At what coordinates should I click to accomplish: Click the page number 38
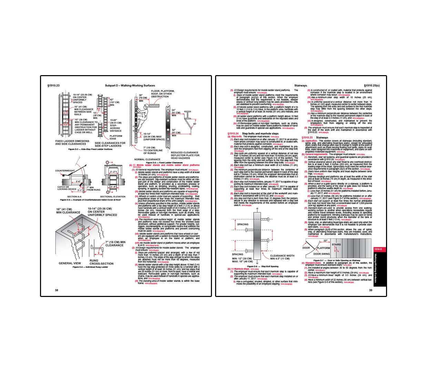[x=57, y=290]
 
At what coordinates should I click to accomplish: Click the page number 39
[x=371, y=290]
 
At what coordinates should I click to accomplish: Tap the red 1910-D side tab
[x=378, y=249]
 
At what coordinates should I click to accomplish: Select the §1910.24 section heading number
[x=233, y=133]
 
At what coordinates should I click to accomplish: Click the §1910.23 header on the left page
[x=53, y=85]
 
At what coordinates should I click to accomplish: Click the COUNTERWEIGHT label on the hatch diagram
[x=65, y=171]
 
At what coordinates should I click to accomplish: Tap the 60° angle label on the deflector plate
[x=195, y=124]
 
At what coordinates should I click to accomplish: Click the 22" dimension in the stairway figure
[x=325, y=241]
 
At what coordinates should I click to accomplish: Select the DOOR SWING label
[x=321, y=254]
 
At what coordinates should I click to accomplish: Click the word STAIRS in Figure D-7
[x=336, y=245]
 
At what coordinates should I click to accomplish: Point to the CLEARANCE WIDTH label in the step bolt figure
[x=282, y=256]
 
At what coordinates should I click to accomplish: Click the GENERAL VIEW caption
[x=70, y=263]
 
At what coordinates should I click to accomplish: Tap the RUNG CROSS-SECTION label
[x=101, y=262]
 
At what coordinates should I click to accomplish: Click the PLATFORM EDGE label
[x=116, y=137]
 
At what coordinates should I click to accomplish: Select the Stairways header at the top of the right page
[x=300, y=85]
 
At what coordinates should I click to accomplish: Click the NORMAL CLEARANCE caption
[x=147, y=160]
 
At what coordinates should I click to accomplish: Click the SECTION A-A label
[x=74, y=197]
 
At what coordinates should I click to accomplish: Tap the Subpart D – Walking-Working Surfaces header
[x=130, y=85]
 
